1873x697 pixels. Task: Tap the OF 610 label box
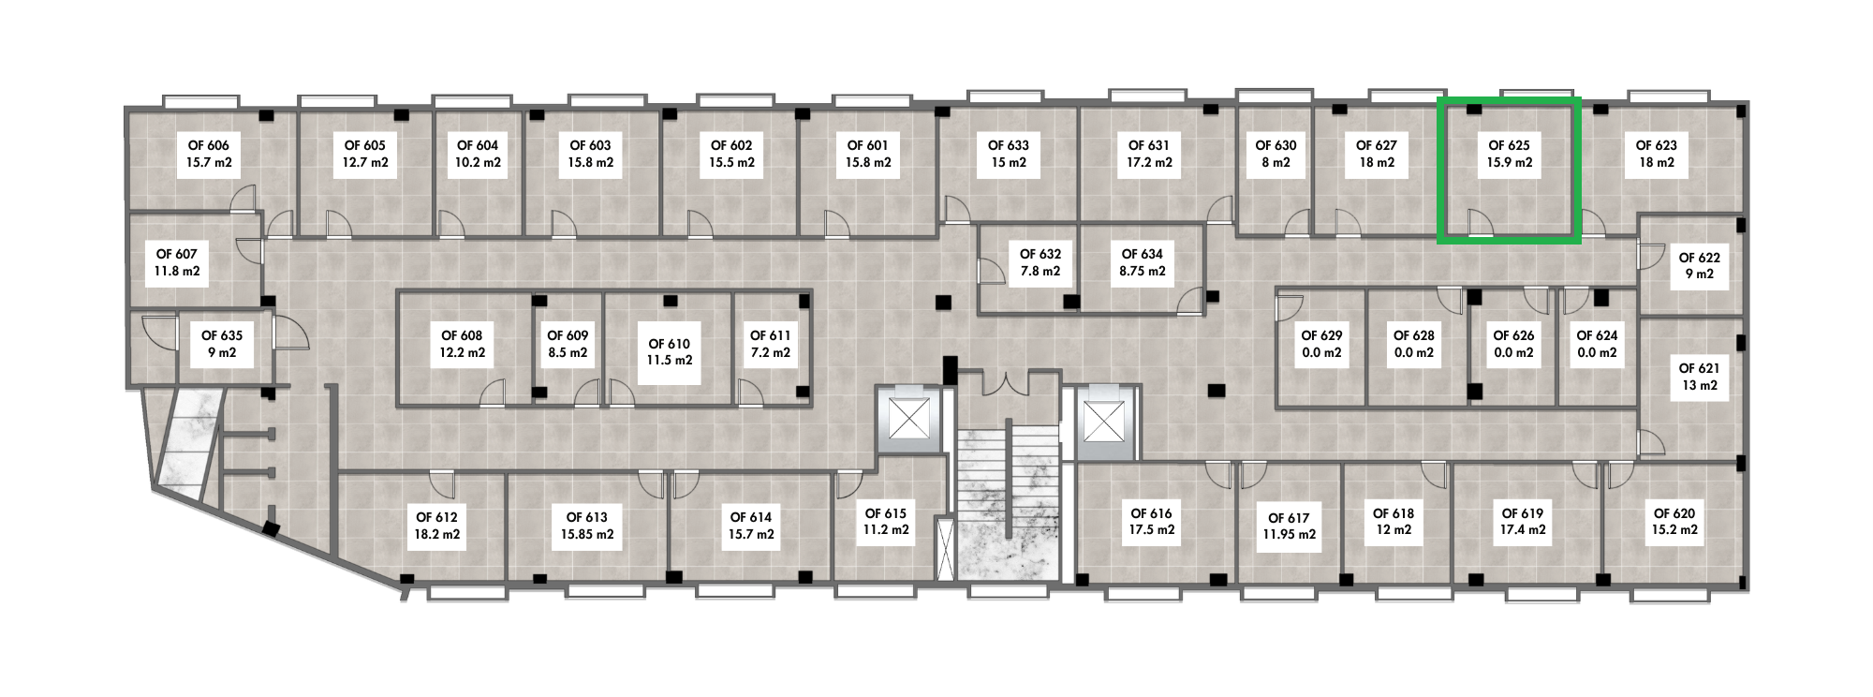pos(670,351)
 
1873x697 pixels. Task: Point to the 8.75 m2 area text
pos(1143,272)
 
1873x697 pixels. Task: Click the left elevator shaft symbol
pos(908,418)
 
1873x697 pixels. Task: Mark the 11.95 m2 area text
pos(1289,535)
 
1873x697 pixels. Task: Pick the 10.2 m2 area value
pos(478,163)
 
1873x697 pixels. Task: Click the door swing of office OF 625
pos(1479,223)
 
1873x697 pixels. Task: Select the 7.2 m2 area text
pos(771,353)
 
